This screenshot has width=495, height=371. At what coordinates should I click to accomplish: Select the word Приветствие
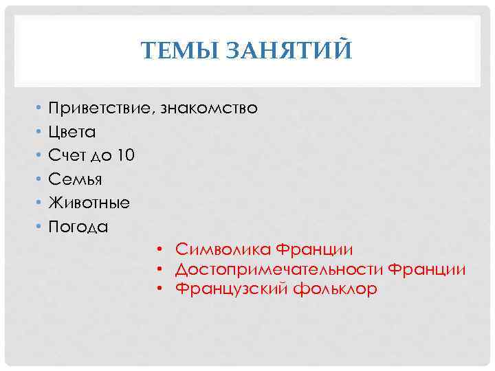pos(101,109)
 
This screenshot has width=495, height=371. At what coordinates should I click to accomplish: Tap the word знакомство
pos(209,109)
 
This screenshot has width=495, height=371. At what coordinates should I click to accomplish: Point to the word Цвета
pos(71,133)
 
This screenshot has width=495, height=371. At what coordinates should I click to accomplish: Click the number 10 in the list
pos(126,156)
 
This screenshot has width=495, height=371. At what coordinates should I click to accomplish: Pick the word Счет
pos(66,156)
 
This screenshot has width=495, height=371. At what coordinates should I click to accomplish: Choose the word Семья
pos(74,180)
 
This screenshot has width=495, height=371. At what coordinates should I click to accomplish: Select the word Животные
pos(88,203)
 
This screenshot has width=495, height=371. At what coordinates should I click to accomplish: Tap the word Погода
pos(78,227)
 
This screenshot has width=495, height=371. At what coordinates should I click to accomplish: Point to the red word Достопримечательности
pos(279,269)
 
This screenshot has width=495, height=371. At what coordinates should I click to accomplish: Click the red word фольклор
pos(335,289)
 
